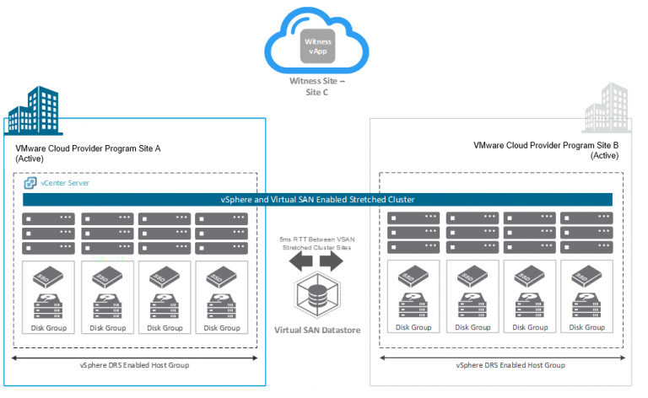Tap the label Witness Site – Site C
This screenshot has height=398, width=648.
click(x=319, y=87)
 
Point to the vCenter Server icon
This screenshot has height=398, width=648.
click(x=30, y=183)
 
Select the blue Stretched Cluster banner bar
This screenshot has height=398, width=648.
click(x=316, y=199)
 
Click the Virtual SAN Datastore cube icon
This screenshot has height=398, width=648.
click(x=317, y=297)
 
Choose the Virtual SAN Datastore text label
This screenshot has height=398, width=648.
click(x=317, y=330)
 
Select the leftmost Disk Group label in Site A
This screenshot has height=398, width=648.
click(x=49, y=328)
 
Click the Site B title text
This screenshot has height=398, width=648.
click(x=546, y=150)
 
